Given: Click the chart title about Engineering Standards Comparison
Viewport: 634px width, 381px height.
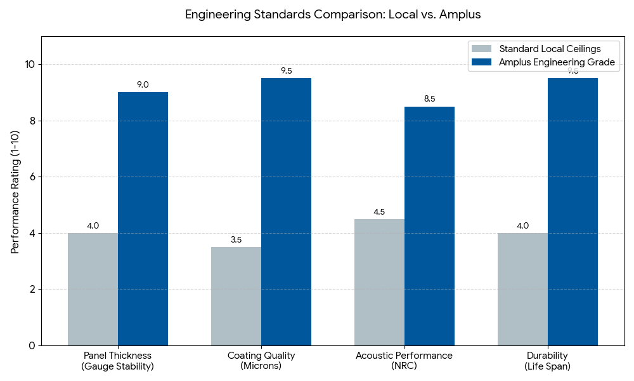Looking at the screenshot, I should click(x=333, y=15).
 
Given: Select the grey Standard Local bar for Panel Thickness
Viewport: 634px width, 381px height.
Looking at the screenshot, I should click(x=93, y=289).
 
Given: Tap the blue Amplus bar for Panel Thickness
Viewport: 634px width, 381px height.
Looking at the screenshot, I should click(x=143, y=219).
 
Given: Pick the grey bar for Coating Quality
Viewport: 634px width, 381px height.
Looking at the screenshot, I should click(x=236, y=296).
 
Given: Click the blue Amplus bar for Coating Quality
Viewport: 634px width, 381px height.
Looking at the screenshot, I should click(x=286, y=212).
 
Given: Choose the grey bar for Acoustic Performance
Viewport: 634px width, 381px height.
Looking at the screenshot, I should click(x=379, y=282).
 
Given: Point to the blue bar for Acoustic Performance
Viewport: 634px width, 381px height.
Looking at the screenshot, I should click(x=429, y=226).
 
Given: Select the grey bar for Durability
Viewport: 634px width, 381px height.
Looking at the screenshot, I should click(x=522, y=289).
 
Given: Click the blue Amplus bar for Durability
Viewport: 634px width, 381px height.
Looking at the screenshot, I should click(x=573, y=212).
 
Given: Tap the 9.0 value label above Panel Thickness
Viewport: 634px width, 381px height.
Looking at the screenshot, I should click(x=143, y=84).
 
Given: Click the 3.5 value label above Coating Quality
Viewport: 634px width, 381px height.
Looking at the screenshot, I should click(x=236, y=239).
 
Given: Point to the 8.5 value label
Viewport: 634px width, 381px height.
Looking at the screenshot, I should click(x=429, y=98).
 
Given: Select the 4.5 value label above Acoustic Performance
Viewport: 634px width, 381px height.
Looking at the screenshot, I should click(x=379, y=211).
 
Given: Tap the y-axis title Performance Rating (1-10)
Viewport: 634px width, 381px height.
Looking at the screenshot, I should click(x=15, y=190).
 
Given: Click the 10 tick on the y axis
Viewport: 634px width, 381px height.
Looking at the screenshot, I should click(x=30, y=65).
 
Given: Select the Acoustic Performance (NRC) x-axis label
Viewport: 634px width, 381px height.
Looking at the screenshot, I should click(x=404, y=361).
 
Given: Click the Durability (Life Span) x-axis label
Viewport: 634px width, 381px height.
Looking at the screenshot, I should click(x=547, y=361).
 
